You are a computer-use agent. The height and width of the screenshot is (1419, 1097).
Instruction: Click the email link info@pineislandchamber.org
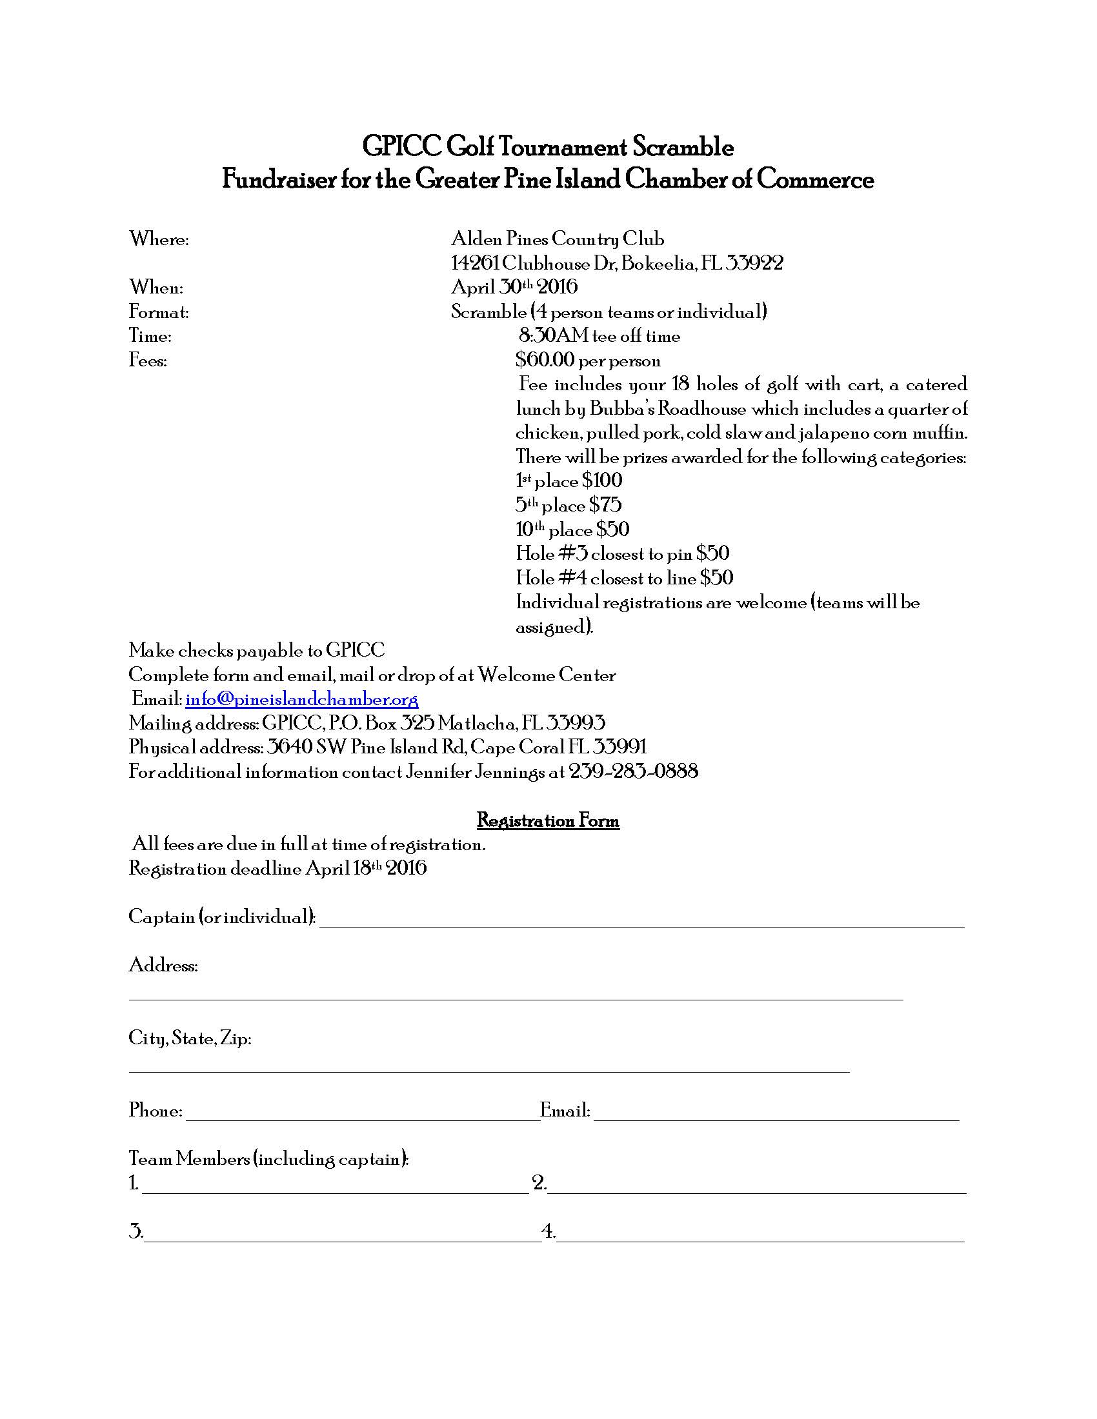pos(301,700)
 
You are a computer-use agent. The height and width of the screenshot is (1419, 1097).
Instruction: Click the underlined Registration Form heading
pos(548,820)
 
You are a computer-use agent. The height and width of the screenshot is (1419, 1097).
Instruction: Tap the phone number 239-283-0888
pos(634,772)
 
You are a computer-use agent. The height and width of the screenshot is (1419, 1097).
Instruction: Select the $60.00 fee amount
pos(545,360)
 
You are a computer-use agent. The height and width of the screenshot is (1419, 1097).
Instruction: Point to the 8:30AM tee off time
pos(599,336)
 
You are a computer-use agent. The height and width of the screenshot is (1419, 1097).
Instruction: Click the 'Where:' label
pos(159,240)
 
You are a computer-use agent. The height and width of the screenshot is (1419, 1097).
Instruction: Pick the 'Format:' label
pos(159,313)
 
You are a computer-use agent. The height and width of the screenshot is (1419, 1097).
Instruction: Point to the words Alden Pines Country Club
pos(558,240)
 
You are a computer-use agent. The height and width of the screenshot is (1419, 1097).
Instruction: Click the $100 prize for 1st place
pos(603,481)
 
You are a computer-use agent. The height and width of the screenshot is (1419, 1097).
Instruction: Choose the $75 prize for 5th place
pos(605,505)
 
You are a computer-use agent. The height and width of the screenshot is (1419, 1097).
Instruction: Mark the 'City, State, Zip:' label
pos(190,1038)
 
